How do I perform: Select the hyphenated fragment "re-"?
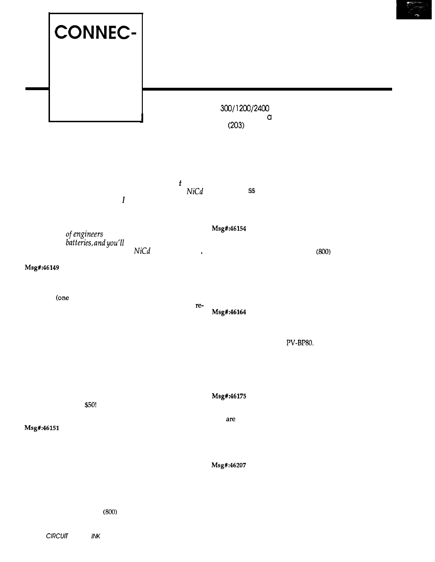click(x=199, y=305)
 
